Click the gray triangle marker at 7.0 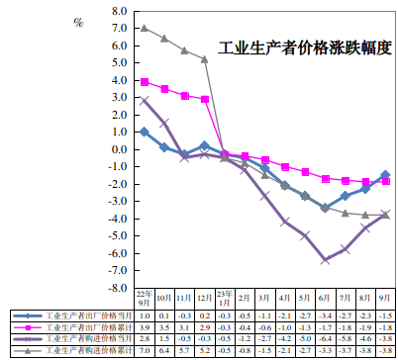145,28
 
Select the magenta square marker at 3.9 145,82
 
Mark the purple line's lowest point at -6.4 326,259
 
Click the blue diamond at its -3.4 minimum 326,208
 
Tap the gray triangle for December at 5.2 205,59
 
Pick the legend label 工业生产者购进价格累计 83,349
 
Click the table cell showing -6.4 326,337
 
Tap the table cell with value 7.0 145,349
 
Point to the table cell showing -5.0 305,337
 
